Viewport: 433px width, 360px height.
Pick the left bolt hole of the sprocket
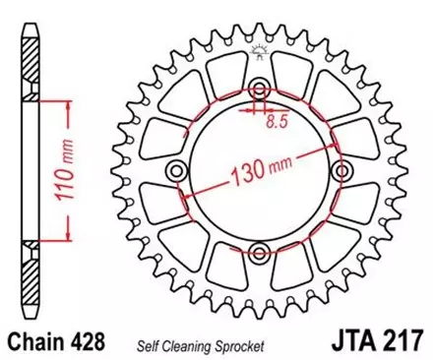176,171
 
